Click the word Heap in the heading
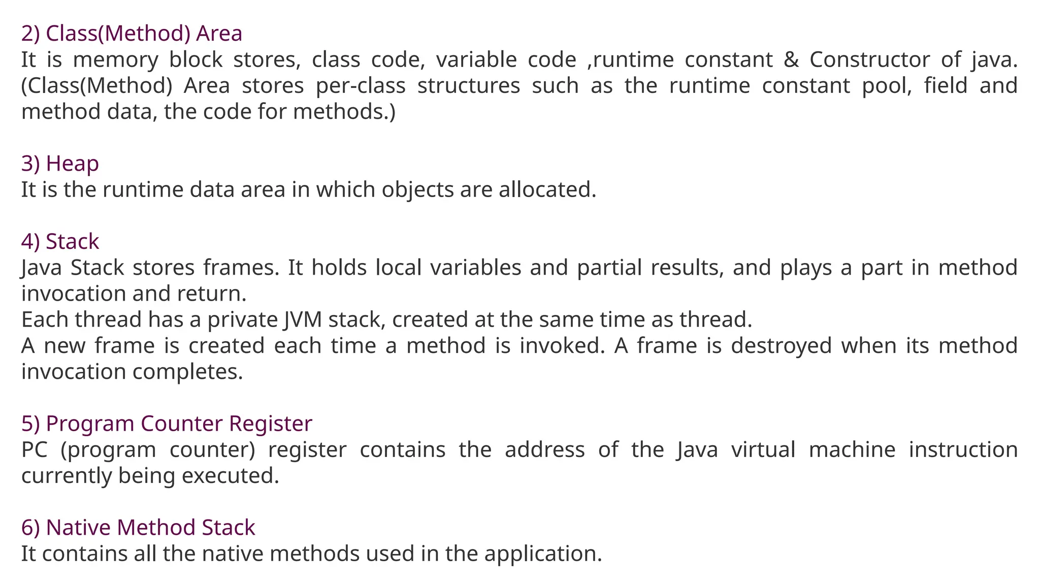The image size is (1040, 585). click(72, 164)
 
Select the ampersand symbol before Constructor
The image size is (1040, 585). click(791, 60)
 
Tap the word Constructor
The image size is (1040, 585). click(869, 60)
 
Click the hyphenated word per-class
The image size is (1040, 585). click(361, 86)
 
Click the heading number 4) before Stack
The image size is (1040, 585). click(30, 242)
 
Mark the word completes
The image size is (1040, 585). click(188, 372)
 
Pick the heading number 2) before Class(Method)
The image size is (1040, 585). click(30, 34)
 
